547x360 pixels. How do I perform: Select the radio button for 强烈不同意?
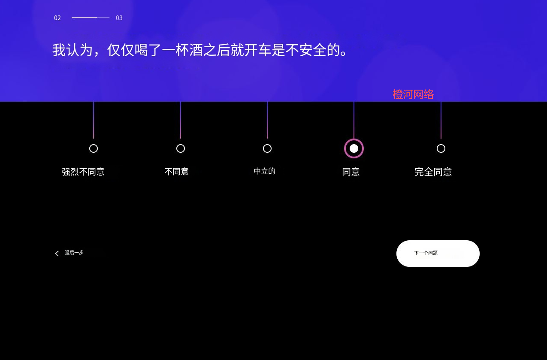pyautogui.click(x=94, y=148)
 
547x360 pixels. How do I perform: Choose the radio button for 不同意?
pyautogui.click(x=181, y=148)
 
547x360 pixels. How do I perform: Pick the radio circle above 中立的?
pyautogui.click(x=267, y=148)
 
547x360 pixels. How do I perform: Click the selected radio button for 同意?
pyautogui.click(x=354, y=148)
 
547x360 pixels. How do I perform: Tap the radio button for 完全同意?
pyautogui.click(x=441, y=148)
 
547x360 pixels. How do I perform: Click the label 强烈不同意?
pyautogui.click(x=83, y=172)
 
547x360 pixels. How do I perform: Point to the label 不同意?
pyautogui.click(x=176, y=172)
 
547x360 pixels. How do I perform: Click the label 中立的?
pyautogui.click(x=264, y=171)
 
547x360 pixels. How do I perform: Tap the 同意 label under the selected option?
pyautogui.click(x=351, y=172)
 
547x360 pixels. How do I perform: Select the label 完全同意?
pyautogui.click(x=433, y=172)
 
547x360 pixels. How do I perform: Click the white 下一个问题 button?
pyautogui.click(x=438, y=254)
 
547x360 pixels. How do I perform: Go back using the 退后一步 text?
pyautogui.click(x=74, y=253)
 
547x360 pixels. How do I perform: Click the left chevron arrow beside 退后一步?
pyautogui.click(x=57, y=254)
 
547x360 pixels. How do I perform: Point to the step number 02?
pyautogui.click(x=57, y=18)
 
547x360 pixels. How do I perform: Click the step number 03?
pyautogui.click(x=119, y=18)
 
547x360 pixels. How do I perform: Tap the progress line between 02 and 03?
pyautogui.click(x=91, y=18)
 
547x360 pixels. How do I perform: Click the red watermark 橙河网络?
pyautogui.click(x=413, y=94)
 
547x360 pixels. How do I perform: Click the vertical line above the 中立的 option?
pyautogui.click(x=267, y=120)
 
